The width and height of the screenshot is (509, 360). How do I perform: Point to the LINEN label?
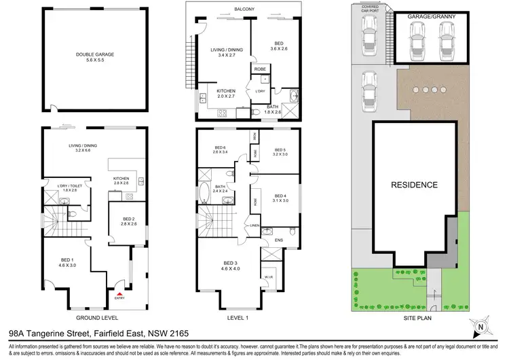point(254,226)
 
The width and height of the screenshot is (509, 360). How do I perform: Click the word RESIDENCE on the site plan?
point(413,185)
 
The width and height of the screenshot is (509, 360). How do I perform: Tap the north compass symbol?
point(481,325)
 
